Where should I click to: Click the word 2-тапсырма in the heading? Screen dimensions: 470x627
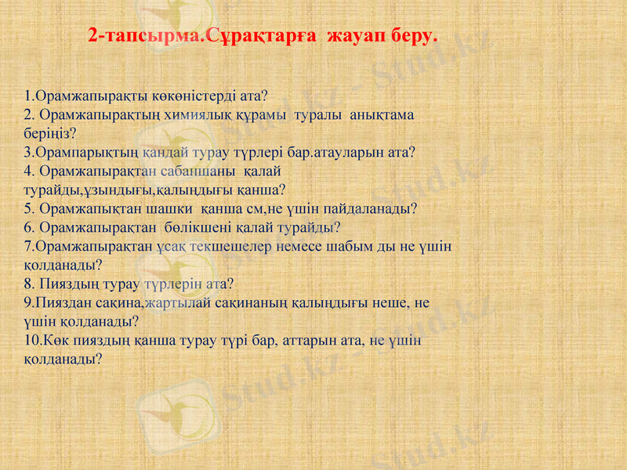(x=145, y=36)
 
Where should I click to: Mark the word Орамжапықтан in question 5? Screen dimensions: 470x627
(x=85, y=208)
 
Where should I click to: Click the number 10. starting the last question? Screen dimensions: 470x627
(x=33, y=341)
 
